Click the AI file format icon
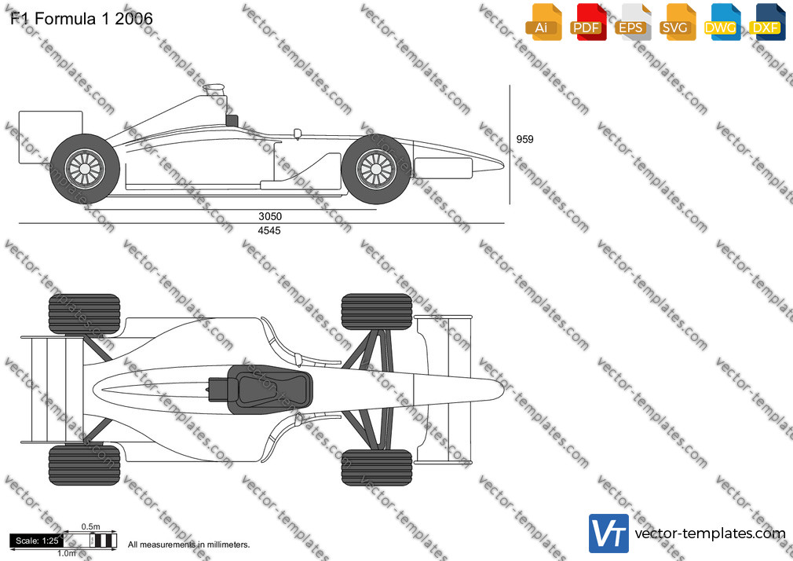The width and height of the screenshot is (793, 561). point(543,22)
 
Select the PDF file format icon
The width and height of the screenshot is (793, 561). point(589,22)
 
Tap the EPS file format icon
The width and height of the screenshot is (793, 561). point(633,22)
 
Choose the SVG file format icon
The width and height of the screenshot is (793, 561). point(678,22)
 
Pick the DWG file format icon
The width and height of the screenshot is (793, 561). point(722,22)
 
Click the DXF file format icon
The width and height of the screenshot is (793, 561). point(767,22)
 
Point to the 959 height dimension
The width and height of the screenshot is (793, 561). point(524,139)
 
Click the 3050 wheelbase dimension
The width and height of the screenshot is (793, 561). point(270,216)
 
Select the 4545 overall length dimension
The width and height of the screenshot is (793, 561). point(269,230)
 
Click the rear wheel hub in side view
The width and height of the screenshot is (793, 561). point(85,169)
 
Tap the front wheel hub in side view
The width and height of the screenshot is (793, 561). point(376,169)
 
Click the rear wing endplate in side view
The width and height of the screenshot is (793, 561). point(50,137)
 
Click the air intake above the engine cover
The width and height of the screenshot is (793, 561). point(214,90)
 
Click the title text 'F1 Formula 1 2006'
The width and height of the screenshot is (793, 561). point(82,19)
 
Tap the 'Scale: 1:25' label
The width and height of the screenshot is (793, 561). point(37,541)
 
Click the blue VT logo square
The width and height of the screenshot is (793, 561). point(609,533)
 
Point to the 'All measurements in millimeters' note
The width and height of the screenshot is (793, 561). point(188,544)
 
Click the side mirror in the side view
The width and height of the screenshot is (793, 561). point(298,134)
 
